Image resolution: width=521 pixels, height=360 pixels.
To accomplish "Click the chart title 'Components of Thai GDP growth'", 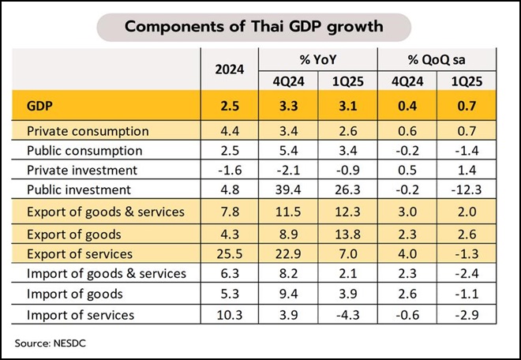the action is (x=254, y=27).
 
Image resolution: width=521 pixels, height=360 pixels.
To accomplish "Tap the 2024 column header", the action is (x=229, y=69).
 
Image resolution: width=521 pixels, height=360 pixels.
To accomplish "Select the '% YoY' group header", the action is (x=318, y=60).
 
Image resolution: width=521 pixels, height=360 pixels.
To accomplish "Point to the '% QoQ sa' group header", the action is (x=437, y=60).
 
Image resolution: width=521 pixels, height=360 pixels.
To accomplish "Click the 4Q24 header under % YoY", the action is (x=288, y=82).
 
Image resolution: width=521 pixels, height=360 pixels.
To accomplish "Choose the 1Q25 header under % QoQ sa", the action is (x=467, y=82).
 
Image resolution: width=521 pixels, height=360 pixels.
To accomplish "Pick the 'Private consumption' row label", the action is (x=88, y=131).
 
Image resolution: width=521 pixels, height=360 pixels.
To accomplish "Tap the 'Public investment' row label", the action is (x=79, y=189).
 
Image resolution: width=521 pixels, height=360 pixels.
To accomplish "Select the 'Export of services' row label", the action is (x=80, y=254).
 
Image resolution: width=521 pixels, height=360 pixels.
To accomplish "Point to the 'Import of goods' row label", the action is (x=75, y=294).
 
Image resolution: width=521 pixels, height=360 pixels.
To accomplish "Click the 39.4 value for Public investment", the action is (x=288, y=189).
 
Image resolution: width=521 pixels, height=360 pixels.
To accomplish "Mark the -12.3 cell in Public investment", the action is (x=467, y=189).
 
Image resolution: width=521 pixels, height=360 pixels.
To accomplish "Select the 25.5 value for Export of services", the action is (x=229, y=254).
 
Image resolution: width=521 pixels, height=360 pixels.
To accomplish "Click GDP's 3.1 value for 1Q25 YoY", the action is (x=347, y=106).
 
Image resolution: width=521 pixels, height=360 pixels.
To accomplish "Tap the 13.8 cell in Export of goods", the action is (x=347, y=234).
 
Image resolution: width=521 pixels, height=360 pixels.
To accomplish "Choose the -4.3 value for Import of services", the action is (x=347, y=315).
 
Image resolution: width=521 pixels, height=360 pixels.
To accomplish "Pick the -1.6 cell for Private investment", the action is (x=230, y=171).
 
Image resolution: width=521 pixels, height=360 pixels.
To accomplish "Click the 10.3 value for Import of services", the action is (x=229, y=315).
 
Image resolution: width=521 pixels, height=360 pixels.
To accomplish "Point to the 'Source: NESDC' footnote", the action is (x=51, y=343).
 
